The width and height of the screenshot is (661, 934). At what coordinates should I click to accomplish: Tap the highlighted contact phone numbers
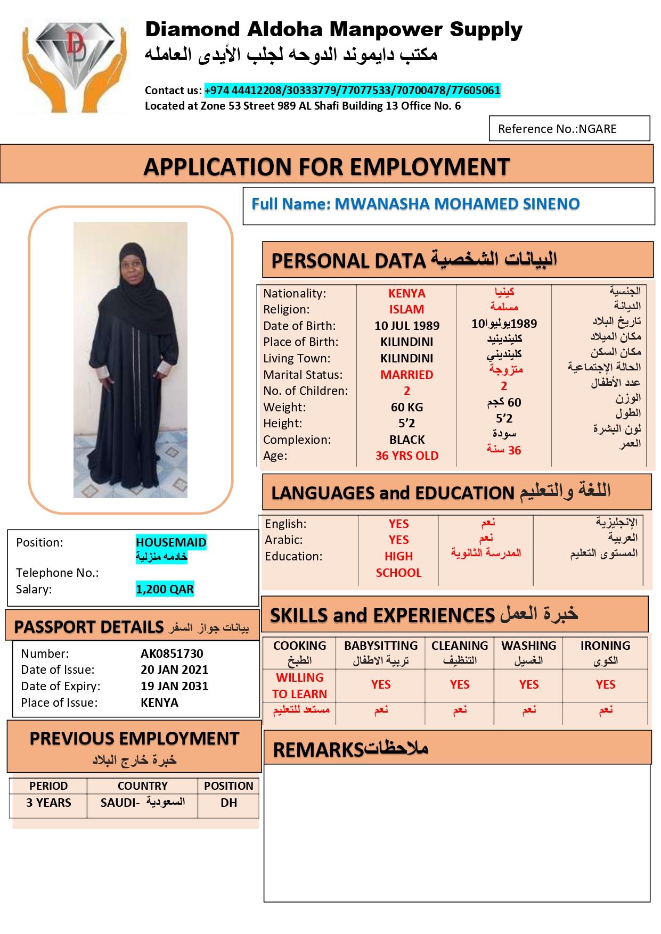click(352, 90)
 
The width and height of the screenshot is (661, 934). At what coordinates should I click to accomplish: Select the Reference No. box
click(569, 129)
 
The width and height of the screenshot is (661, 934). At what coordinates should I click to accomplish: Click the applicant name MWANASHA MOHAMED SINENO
click(456, 204)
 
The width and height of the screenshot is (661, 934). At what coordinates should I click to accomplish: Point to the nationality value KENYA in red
click(406, 293)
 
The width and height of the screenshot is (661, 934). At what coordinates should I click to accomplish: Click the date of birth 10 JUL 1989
click(406, 326)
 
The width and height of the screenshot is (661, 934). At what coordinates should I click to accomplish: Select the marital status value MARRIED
click(406, 375)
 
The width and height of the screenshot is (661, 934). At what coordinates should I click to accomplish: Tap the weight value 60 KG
click(406, 407)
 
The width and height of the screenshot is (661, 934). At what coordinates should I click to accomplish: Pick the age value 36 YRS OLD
click(406, 456)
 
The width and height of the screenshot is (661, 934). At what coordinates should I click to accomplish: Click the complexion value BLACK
click(406, 440)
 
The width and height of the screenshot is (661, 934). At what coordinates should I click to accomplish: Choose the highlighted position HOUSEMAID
click(170, 542)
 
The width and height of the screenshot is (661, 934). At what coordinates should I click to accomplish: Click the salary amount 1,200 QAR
click(165, 589)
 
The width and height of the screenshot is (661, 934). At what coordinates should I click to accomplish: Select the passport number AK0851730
click(172, 654)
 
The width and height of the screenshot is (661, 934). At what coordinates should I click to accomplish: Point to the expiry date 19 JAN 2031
click(174, 686)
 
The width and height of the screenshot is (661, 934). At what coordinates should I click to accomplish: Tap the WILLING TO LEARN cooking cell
click(299, 685)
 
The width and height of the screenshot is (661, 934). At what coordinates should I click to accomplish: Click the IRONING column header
click(605, 646)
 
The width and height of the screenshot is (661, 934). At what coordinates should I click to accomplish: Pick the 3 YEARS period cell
click(48, 803)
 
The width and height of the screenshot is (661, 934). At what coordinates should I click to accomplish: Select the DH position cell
click(229, 803)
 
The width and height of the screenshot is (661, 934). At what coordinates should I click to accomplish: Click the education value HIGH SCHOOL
click(398, 564)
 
